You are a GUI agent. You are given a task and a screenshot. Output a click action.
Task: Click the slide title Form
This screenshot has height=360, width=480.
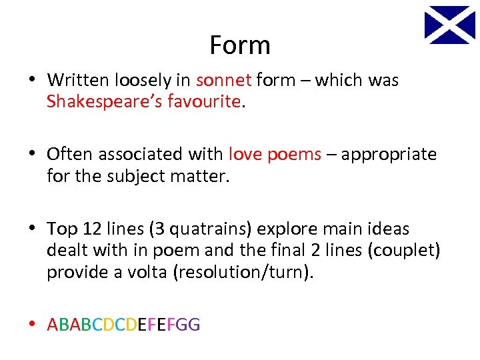tap(239, 45)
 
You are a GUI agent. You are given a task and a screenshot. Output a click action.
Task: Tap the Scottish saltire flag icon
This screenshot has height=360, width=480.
tap(450, 25)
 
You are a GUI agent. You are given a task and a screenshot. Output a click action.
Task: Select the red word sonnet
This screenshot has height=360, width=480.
tap(224, 81)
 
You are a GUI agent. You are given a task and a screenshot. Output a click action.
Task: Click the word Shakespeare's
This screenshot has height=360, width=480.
tap(99, 102)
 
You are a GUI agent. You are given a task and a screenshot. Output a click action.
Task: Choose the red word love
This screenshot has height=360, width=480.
tap(246, 155)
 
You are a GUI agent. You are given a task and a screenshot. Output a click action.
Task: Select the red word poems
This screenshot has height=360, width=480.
tap(294, 155)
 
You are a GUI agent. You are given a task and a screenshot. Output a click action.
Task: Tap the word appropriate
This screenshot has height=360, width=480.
tap(389, 155)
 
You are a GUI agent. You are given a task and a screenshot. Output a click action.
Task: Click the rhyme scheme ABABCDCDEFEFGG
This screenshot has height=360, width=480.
tap(123, 325)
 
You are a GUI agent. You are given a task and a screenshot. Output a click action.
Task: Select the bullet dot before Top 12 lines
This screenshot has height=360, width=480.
tap(33, 229)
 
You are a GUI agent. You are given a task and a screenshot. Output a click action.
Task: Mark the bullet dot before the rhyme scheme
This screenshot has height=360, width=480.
tap(33, 325)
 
